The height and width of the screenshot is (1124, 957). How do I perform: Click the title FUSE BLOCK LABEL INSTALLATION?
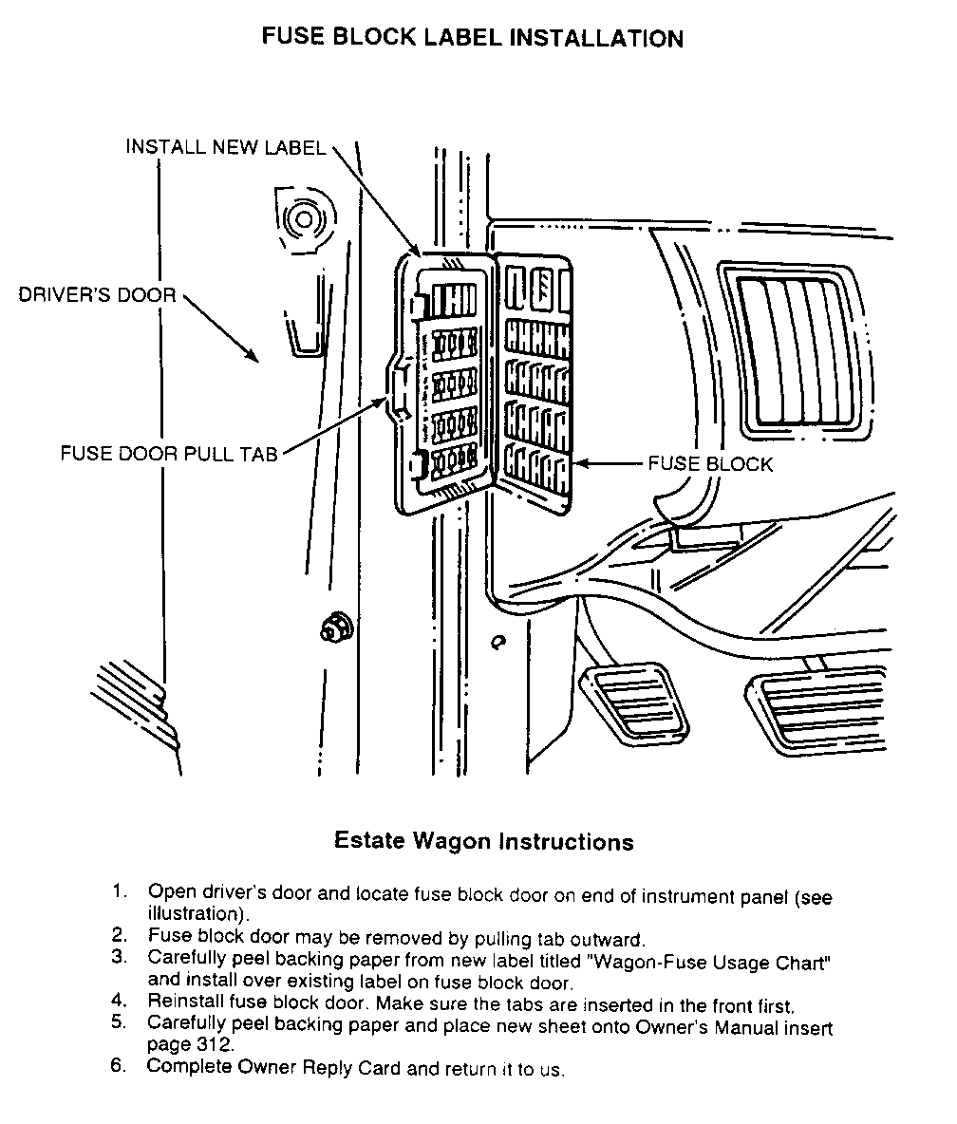point(472,39)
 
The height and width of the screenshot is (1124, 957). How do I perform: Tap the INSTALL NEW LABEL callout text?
point(226,147)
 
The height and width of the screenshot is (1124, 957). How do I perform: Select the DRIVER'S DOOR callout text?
point(98,295)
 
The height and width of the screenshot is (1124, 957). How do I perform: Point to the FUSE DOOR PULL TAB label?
point(169,454)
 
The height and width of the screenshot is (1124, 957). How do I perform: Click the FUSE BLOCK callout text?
point(709,464)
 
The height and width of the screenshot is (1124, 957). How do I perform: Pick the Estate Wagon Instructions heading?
point(484,841)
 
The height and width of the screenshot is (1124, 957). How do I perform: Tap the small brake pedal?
point(632,702)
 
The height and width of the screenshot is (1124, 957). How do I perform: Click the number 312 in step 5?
point(213,1045)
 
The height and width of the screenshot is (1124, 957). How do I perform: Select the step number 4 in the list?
point(119,1001)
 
